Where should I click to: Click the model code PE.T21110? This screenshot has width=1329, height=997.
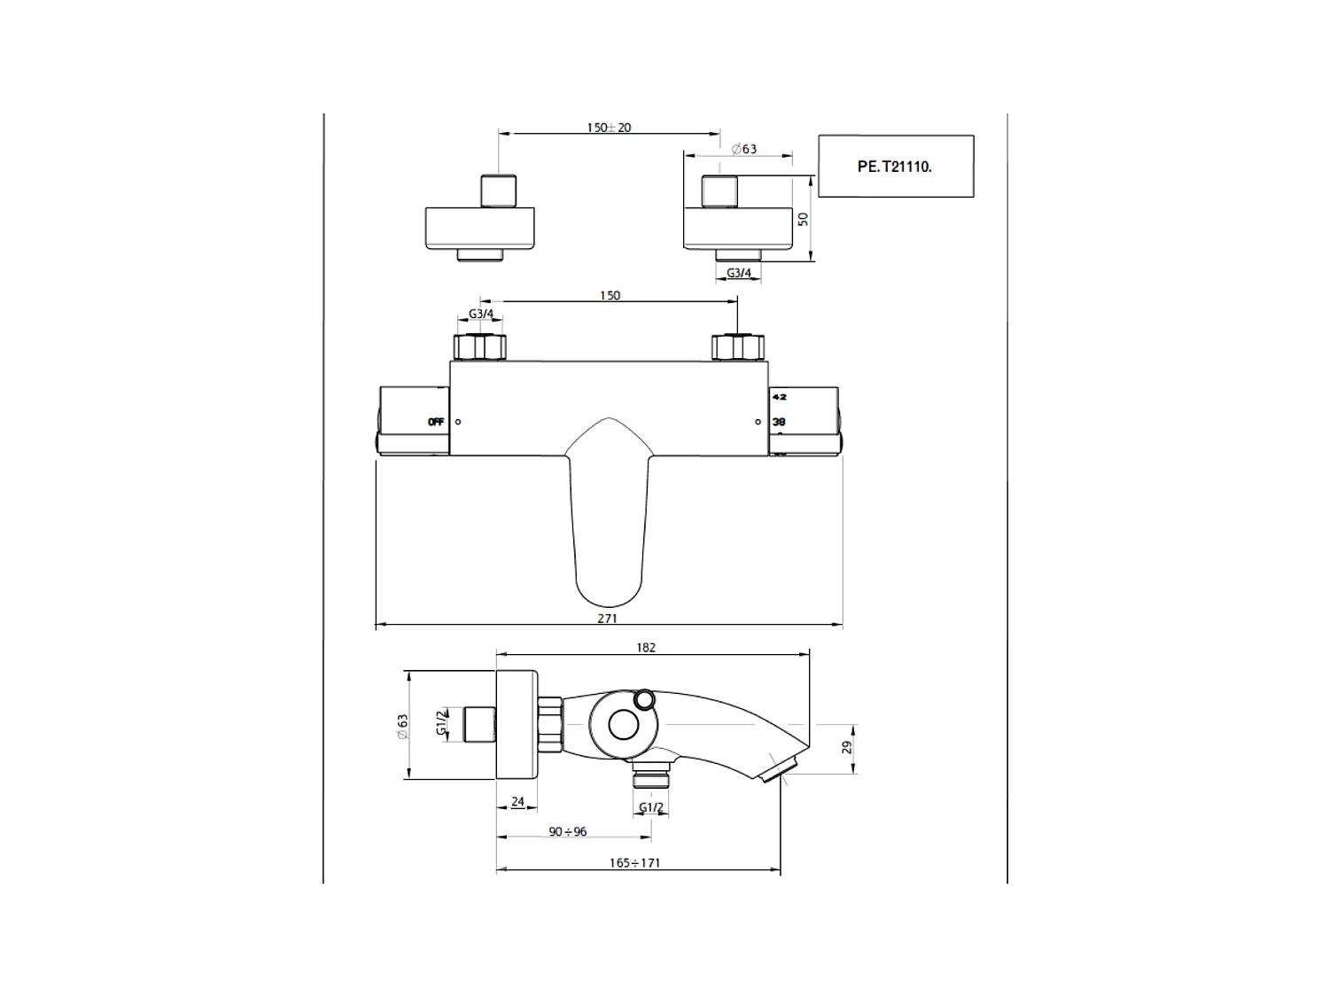pos(895,166)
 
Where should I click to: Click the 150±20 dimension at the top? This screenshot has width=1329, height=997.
pos(609,128)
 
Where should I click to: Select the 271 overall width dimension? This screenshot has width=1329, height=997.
pos(607,619)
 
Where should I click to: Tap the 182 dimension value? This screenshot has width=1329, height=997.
pos(646,648)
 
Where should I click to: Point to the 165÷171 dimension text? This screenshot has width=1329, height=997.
pos(634,862)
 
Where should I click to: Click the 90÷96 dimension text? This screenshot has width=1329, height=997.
pos(568,832)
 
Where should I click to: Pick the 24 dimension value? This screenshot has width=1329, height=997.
pos(518,802)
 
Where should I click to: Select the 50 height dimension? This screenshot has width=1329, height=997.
pos(804,219)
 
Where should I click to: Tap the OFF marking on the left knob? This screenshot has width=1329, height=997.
pos(436,422)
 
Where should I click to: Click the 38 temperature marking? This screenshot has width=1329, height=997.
pos(779,422)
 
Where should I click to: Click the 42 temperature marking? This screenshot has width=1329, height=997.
pos(779,397)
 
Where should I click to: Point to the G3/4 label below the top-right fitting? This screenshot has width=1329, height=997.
pos(739,273)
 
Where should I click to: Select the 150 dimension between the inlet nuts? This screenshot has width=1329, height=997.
pos(610,296)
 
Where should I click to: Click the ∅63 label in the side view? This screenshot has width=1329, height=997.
pos(404,726)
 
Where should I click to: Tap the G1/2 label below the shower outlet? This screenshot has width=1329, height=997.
pos(651,807)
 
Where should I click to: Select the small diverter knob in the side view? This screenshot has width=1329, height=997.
pos(644,699)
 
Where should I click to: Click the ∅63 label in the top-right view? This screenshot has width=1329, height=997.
pos(744,149)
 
